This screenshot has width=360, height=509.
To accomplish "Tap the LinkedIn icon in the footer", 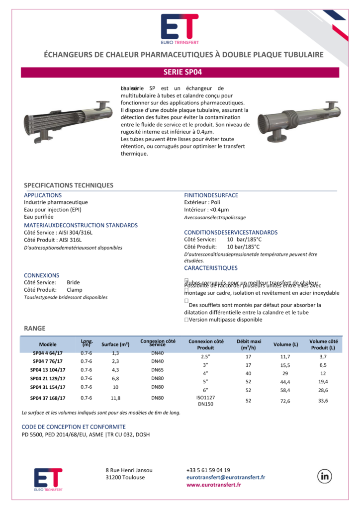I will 326,476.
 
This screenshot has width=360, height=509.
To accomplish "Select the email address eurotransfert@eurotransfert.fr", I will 225,477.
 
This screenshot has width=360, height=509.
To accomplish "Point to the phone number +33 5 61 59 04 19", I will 208,470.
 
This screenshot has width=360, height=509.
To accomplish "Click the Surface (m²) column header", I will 115,344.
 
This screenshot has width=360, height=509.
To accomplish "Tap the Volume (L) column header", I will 285,344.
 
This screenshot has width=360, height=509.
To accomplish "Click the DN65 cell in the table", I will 158,370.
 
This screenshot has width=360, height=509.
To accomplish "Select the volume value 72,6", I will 285,401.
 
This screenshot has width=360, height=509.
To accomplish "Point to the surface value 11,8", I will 115,398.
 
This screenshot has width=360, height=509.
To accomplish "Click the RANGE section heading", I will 34,328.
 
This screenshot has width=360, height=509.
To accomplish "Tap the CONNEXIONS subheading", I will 41,275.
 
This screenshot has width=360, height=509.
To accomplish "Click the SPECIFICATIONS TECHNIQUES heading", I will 69,185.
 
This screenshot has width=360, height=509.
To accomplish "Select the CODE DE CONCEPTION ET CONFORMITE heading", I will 74,426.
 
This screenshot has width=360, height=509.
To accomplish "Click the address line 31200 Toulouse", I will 125,477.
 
